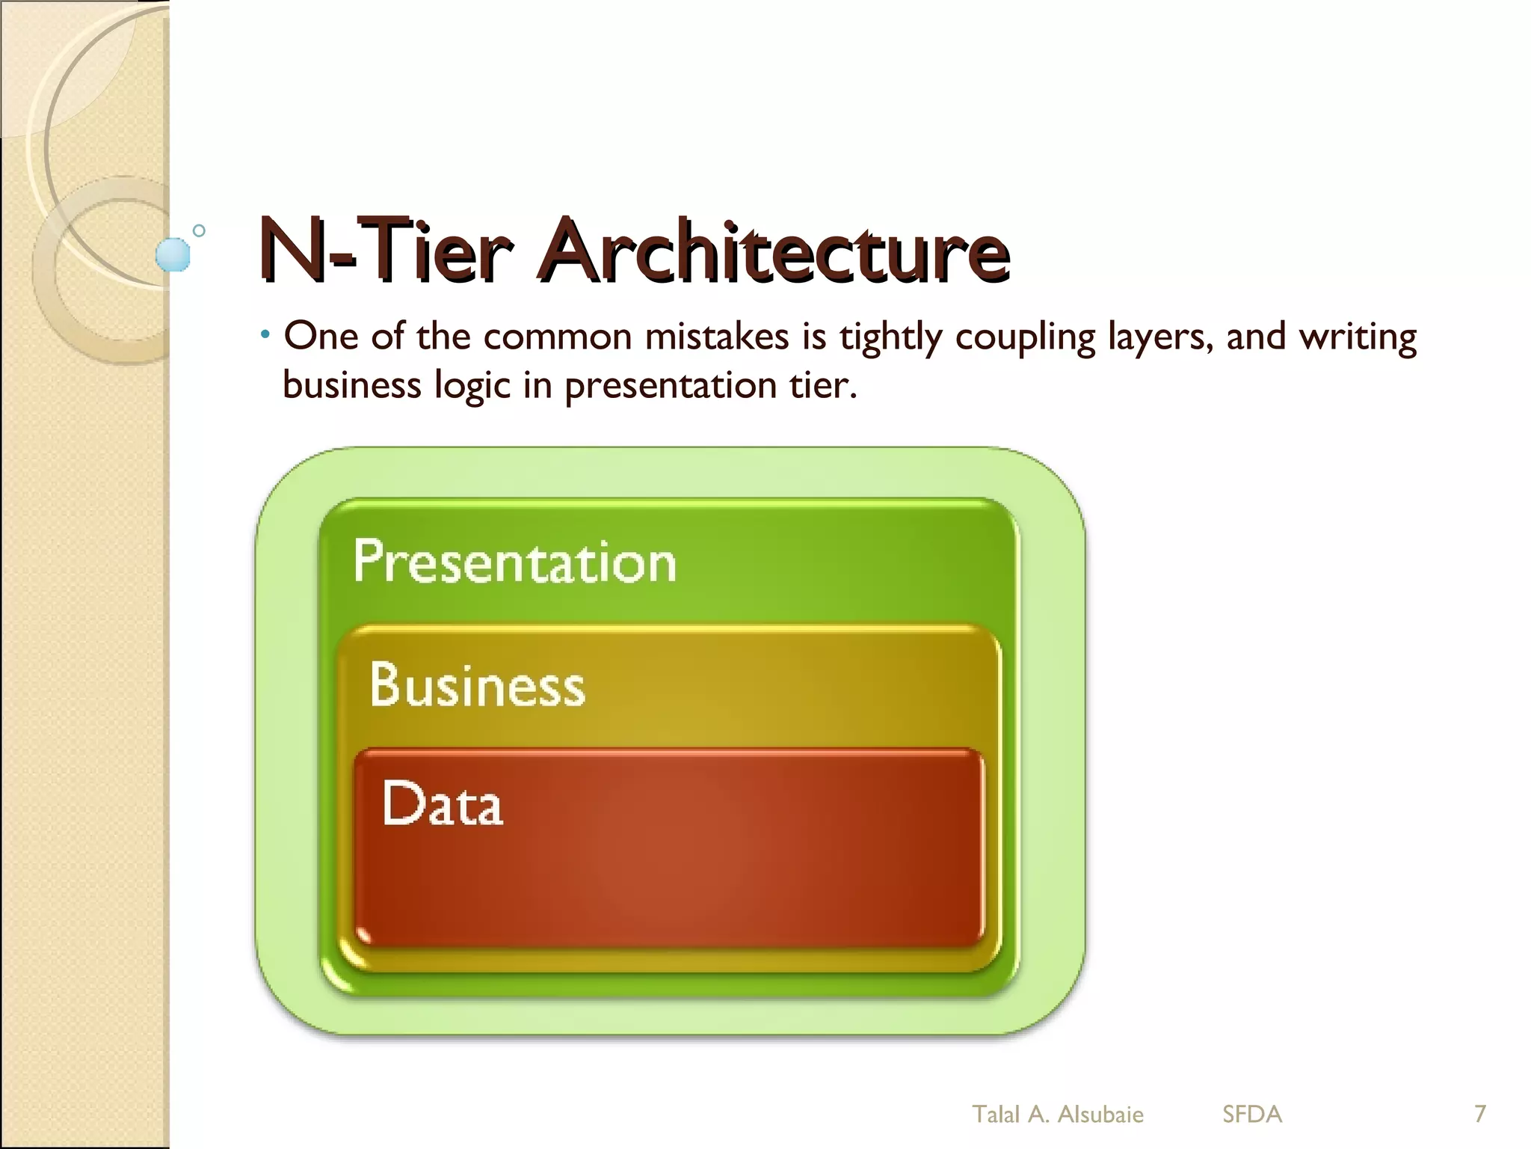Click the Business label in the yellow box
click(x=477, y=684)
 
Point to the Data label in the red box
click(x=442, y=803)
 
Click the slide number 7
click(x=1479, y=1114)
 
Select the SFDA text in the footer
click(x=1252, y=1115)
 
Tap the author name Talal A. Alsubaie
click(x=1057, y=1115)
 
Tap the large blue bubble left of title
click(x=173, y=254)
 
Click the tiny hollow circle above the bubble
click(x=199, y=230)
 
